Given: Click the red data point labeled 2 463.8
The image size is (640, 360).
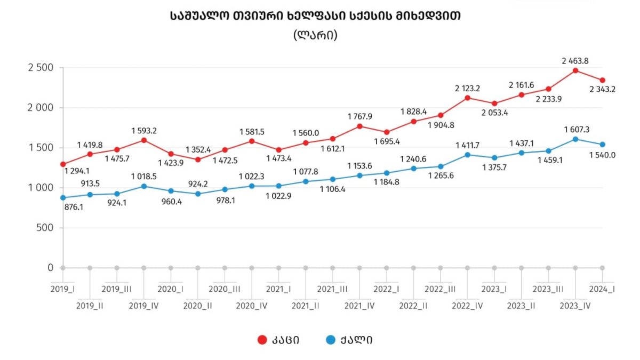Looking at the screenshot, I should (575, 70).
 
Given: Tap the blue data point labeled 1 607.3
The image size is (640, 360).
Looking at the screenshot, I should (575, 139).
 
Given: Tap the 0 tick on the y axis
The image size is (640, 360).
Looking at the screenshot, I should (50, 268).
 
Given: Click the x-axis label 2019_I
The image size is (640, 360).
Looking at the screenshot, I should (63, 289).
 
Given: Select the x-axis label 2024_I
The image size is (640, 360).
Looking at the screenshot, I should (602, 289).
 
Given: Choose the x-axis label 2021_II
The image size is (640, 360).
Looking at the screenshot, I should (306, 306).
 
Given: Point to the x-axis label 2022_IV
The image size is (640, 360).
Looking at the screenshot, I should (467, 306).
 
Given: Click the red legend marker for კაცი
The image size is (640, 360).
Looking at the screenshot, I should (262, 340).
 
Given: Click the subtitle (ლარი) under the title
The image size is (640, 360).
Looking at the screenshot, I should (315, 35).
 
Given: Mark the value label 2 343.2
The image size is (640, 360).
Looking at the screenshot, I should (602, 90).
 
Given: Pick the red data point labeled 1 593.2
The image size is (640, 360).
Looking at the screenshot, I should (144, 140).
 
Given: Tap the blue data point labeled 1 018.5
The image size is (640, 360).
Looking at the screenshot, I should (144, 186).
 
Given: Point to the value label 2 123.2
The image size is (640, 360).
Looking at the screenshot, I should (467, 87).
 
